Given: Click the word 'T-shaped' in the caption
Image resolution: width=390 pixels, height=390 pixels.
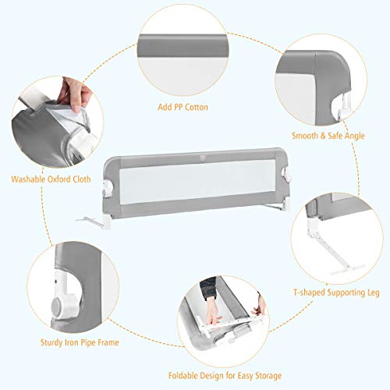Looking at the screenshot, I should click(x=308, y=293).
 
